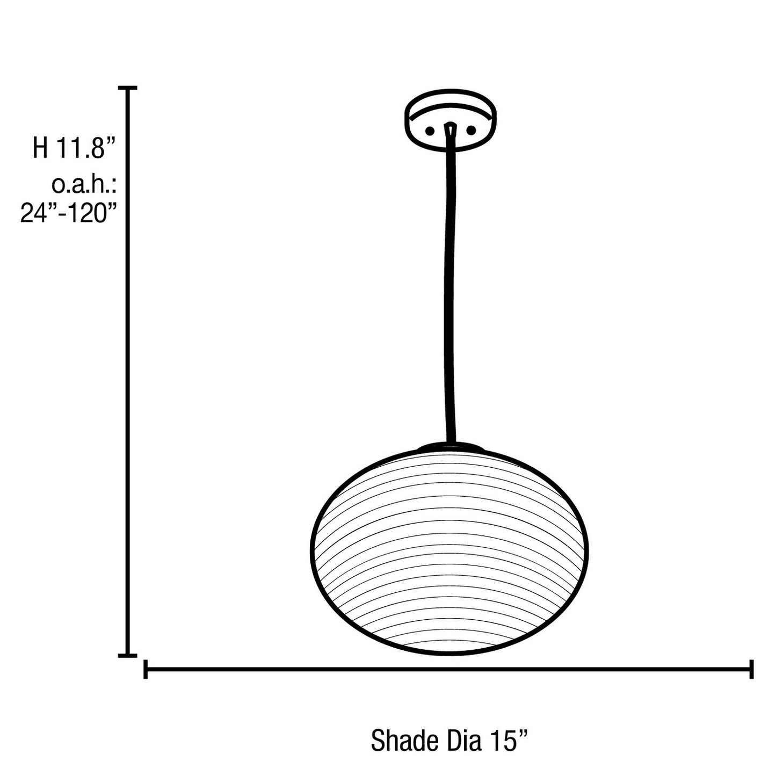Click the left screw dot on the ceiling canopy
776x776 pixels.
[430, 131]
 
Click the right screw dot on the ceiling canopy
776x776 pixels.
[471, 130]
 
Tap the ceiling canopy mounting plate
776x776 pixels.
[450, 121]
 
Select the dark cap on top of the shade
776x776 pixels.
[451, 447]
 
